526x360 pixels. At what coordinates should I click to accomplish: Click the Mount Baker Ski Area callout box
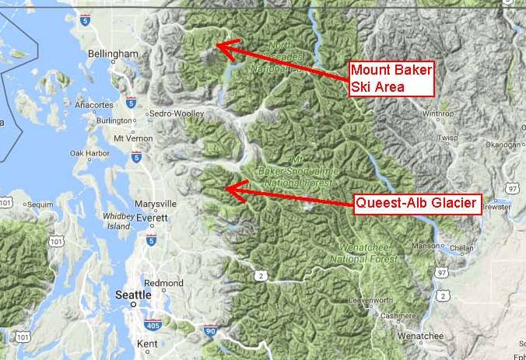pyautogui.click(x=390, y=79)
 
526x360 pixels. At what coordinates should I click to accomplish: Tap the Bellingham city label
pyautogui.click(x=114, y=54)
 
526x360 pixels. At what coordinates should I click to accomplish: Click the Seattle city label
pyautogui.click(x=133, y=295)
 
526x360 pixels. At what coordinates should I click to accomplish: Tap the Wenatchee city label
pyautogui.click(x=419, y=336)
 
